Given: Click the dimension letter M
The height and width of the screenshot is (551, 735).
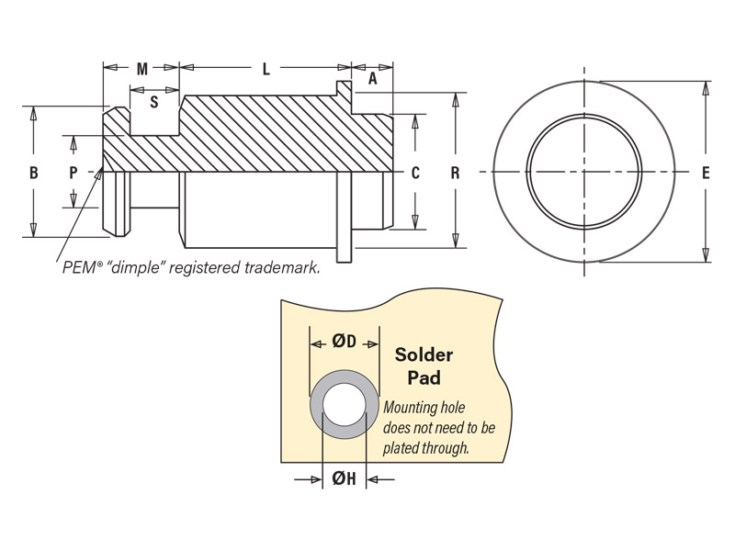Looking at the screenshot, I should (x=141, y=69).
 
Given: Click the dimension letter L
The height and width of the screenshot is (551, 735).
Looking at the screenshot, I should (x=266, y=69).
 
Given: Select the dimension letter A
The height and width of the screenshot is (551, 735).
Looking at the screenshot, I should (x=372, y=80).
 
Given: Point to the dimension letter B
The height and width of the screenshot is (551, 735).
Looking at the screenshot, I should (x=33, y=172).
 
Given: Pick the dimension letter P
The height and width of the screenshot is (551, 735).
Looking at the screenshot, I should (x=73, y=172).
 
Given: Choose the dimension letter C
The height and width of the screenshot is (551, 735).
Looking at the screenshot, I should (x=415, y=172).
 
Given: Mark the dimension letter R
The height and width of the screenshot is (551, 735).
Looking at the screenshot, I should (x=456, y=172).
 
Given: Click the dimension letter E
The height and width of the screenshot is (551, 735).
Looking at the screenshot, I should (x=705, y=172).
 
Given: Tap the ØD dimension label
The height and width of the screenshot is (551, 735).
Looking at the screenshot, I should (x=345, y=342).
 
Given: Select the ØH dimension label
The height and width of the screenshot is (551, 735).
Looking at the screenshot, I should (x=344, y=478).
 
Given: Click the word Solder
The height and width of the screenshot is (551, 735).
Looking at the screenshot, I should (x=424, y=355).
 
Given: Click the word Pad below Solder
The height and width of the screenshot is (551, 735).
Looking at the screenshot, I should (x=424, y=377).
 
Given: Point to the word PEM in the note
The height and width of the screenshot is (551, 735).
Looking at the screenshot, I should (x=75, y=269).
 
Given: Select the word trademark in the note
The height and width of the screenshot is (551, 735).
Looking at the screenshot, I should (x=284, y=269).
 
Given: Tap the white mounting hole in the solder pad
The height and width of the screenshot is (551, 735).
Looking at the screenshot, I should (x=344, y=405).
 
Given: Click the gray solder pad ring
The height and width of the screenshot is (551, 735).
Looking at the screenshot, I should (x=316, y=405).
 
